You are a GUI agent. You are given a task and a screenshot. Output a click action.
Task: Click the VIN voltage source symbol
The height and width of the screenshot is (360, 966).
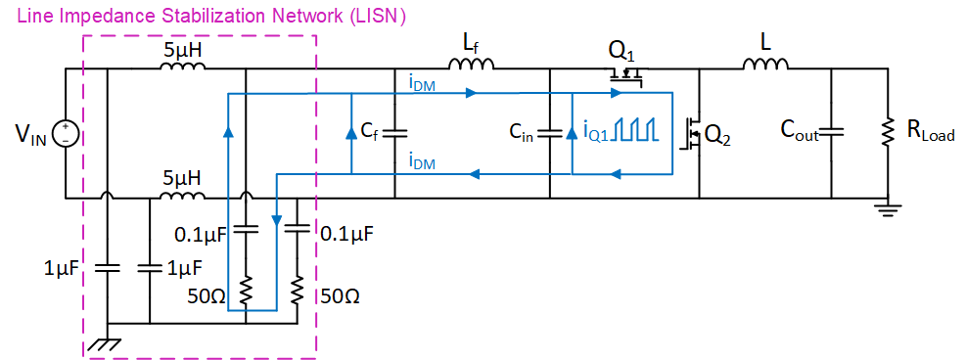66,133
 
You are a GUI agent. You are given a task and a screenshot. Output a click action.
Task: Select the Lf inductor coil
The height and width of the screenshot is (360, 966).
472,67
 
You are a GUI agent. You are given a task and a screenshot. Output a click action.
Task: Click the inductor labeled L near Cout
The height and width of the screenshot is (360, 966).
765,67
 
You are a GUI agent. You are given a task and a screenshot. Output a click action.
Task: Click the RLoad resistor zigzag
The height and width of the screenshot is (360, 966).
889,132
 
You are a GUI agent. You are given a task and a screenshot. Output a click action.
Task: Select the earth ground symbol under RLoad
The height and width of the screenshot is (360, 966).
889,207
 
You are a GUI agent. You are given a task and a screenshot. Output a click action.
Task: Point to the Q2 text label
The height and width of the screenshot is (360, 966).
718,137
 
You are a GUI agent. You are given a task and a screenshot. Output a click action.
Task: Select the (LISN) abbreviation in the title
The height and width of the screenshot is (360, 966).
378,17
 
